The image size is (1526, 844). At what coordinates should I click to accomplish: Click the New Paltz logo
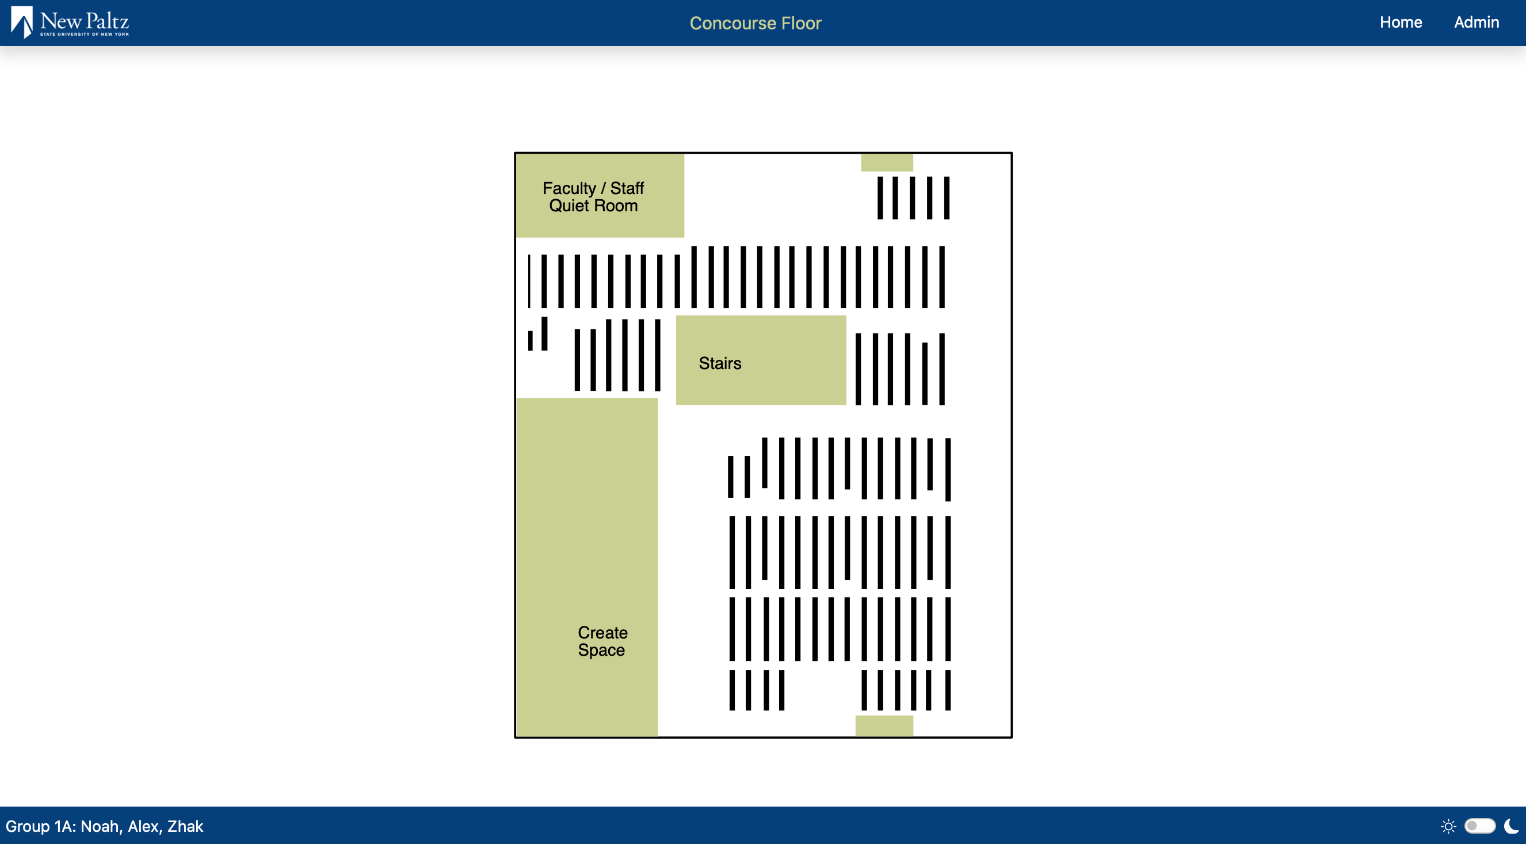click(70, 22)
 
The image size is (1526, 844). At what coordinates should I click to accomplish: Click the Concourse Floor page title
click(756, 23)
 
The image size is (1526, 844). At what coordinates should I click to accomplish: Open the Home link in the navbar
click(1401, 22)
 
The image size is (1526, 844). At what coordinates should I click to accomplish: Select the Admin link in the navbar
click(1477, 22)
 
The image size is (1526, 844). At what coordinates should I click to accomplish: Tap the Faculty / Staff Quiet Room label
click(593, 197)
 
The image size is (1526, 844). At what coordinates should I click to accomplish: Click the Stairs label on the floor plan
click(720, 363)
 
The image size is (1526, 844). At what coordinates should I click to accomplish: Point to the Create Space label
click(602, 641)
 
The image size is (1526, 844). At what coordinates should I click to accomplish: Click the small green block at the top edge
click(887, 162)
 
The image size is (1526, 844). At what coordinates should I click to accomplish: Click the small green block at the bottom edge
click(884, 725)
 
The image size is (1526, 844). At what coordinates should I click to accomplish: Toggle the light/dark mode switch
click(1479, 826)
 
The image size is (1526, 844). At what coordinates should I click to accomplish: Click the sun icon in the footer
click(1448, 826)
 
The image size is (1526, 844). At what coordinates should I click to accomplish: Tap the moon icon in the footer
click(1511, 826)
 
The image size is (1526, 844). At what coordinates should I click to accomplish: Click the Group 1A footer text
click(104, 826)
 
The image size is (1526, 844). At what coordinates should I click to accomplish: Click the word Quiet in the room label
click(568, 206)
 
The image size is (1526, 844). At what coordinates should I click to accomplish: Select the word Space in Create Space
click(601, 650)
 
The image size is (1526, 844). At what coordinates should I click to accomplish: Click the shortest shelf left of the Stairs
click(530, 341)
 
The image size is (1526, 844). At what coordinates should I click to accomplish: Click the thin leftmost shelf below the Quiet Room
click(529, 281)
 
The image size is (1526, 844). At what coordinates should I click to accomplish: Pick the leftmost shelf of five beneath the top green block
click(880, 198)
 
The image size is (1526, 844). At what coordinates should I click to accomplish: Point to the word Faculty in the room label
click(569, 188)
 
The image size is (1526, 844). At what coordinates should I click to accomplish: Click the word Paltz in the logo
click(107, 21)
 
